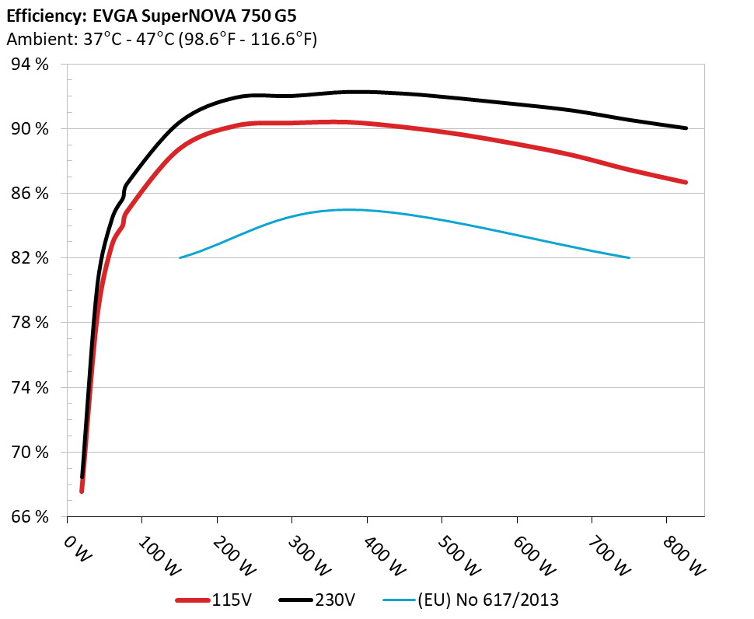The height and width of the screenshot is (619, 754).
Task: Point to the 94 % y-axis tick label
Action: click(x=29, y=65)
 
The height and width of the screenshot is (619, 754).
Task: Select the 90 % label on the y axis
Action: click(x=29, y=129)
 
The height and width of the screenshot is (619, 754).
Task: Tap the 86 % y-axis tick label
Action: click(x=29, y=194)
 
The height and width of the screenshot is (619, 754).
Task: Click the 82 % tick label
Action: click(x=29, y=258)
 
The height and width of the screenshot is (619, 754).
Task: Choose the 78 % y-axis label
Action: click(x=29, y=323)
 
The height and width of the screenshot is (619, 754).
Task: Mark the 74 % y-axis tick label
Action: click(x=29, y=387)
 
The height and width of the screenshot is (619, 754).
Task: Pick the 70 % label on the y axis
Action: click(x=29, y=452)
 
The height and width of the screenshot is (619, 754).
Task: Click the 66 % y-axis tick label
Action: click(x=29, y=516)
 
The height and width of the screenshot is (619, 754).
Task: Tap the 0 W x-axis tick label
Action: click(x=78, y=547)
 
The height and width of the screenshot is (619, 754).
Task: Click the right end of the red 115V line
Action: click(x=686, y=182)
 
